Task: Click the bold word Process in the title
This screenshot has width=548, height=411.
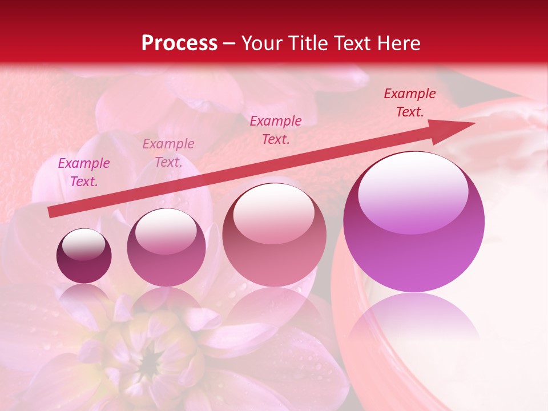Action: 179,43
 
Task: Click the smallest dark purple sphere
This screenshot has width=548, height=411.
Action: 84,256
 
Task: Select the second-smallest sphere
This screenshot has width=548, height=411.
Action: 166,247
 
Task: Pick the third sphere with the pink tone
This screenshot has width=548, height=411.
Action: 274,235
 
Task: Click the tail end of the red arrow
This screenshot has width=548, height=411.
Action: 51,212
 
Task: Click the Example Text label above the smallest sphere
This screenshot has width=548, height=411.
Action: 84,172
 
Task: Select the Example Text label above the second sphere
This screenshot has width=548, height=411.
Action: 168,152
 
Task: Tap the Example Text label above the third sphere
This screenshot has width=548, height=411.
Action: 276,130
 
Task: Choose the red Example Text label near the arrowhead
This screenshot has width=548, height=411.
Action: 409,103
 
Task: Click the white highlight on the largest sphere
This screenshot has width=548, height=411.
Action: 413,191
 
